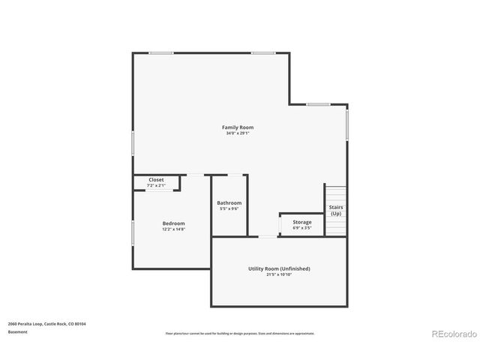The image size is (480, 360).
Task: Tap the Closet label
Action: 156,180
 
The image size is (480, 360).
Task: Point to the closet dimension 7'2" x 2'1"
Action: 156,185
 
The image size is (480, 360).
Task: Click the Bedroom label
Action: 173,223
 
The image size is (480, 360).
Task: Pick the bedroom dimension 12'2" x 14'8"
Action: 173,229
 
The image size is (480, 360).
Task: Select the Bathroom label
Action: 229,202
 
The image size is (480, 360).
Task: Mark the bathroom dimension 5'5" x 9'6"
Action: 229,208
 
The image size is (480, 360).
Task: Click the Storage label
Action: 301,222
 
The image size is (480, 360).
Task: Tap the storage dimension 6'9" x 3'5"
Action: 301,228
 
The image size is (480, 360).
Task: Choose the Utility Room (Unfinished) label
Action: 279,268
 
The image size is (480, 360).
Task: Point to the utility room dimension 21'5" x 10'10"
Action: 279,274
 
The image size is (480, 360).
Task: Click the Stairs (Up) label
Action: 336,211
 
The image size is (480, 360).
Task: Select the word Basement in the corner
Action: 18,331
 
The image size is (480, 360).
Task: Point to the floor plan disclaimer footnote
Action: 240,333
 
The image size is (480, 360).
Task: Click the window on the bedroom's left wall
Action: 133,232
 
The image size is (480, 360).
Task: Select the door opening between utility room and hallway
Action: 268,237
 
